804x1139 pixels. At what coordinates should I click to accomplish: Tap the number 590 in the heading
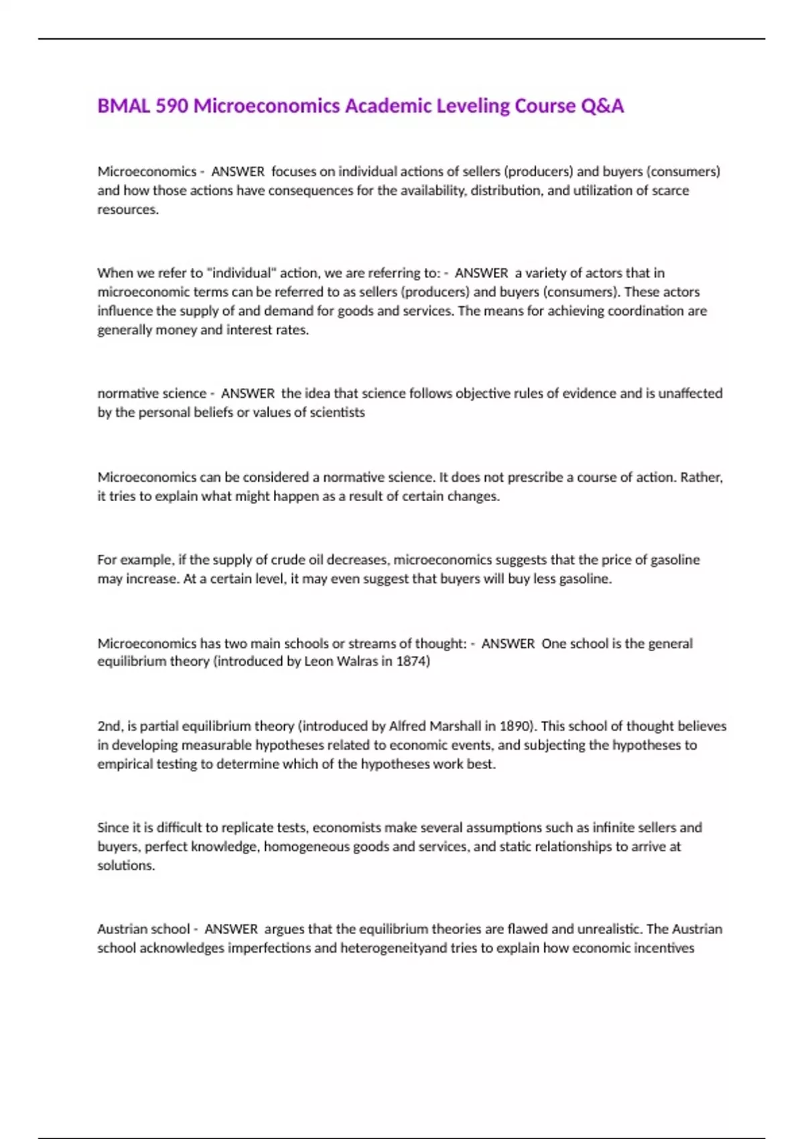172,106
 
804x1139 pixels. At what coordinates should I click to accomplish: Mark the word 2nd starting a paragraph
109,726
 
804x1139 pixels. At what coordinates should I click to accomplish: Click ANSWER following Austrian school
231,929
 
